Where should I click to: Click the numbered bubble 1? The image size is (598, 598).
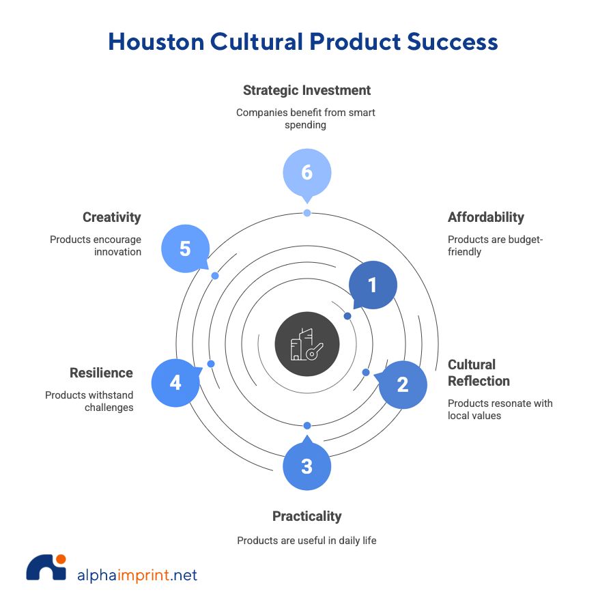373,285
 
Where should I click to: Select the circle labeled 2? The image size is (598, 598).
403,384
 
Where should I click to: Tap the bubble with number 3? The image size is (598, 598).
307,466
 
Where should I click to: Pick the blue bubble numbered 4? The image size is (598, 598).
175,383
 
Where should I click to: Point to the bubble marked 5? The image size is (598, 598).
185,248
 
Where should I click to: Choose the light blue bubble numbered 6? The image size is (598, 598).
307,172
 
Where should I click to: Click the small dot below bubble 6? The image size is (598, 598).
307,213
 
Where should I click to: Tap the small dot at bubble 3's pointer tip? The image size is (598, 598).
307,426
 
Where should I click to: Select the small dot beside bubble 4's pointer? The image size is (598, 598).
212,364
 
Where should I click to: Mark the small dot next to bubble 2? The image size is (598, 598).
366,372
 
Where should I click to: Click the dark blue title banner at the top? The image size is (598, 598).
353,48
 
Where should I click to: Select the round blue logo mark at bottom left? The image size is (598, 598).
45,573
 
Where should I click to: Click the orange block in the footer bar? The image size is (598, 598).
143,579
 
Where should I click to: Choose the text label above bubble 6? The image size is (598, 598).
307,107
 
